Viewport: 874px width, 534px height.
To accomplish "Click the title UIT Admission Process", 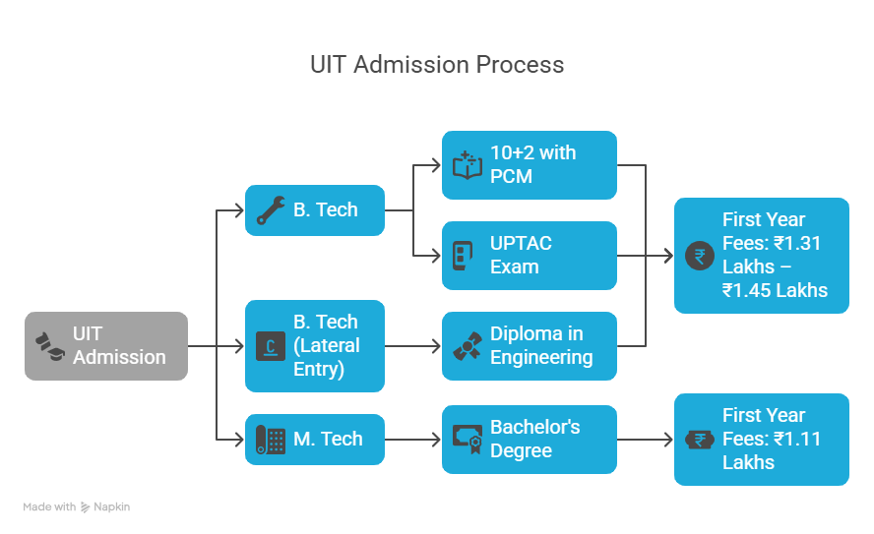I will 437,65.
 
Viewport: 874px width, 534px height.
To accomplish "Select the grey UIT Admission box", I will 106,346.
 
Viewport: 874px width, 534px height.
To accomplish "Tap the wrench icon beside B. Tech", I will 270,210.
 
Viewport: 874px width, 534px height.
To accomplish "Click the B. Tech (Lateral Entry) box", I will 315,346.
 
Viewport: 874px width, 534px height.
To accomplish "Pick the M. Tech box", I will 315,439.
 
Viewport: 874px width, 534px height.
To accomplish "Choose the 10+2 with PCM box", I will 530,165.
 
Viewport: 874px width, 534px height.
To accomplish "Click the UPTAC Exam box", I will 530,256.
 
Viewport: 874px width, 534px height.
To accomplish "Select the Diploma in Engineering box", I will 530,346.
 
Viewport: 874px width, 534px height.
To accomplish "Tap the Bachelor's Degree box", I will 530,439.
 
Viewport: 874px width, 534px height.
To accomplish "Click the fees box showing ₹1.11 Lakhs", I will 762,439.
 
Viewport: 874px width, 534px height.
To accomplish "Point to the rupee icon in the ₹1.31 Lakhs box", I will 700,256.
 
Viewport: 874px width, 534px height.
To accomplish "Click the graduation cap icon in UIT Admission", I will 49,345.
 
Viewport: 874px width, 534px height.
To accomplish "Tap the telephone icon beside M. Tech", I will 270,439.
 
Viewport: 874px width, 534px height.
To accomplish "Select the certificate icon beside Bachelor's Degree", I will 467,439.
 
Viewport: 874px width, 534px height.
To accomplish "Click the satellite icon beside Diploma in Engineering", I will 467,346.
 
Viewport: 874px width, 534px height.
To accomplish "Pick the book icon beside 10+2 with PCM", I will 467,165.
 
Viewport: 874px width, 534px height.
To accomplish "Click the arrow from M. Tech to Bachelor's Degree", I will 413,439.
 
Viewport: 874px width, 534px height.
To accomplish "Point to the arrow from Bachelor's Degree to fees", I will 646,439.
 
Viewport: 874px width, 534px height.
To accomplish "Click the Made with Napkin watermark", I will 77,507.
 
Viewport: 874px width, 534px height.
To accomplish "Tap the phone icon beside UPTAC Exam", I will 462,256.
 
